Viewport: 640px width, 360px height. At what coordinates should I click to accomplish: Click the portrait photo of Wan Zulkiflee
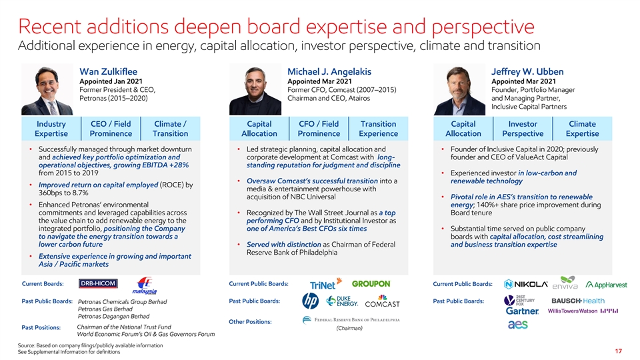[47, 90]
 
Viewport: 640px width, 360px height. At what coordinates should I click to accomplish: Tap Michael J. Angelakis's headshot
[255, 90]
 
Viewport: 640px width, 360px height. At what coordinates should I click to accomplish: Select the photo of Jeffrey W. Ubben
[459, 90]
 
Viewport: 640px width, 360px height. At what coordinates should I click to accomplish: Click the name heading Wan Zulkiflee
[108, 71]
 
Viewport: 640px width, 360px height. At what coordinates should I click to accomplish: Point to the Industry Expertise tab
[51, 129]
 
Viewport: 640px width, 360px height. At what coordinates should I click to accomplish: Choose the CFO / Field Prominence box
[319, 129]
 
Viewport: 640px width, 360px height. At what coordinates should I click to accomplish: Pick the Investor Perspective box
[523, 129]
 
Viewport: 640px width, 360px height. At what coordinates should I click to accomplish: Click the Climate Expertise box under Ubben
[583, 129]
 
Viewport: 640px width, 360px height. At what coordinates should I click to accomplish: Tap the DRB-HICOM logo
[99, 283]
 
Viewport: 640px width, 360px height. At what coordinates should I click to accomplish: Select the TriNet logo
[326, 284]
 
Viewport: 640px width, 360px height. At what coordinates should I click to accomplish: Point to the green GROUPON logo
[371, 284]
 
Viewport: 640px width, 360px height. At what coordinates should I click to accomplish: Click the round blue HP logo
[310, 301]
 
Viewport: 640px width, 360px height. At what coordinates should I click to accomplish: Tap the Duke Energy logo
[342, 301]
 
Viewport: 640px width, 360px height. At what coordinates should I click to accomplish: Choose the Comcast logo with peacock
[383, 301]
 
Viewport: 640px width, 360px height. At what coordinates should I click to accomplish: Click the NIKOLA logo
[526, 284]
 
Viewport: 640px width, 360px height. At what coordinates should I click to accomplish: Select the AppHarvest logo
[606, 285]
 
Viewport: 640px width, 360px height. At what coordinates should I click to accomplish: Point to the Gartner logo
[522, 311]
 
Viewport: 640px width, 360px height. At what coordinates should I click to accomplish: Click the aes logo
[517, 325]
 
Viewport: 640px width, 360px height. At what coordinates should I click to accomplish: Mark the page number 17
[619, 351]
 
